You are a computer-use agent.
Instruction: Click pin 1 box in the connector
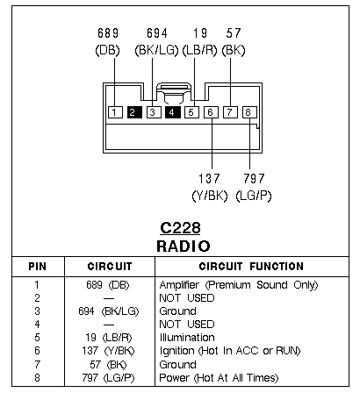115,112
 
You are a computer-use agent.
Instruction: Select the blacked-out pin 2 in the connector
134,112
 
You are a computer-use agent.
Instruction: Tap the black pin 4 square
173,112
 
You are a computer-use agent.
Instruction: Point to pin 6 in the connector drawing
211,112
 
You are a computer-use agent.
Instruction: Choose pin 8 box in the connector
249,112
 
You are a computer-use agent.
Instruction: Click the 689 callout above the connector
108,33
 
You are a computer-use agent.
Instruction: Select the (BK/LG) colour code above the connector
156,50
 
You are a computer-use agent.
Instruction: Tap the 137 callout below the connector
209,178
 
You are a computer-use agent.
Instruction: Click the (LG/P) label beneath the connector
254,196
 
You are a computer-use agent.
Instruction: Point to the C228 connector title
180,228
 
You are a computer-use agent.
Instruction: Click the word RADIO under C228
184,246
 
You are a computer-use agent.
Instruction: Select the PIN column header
38,267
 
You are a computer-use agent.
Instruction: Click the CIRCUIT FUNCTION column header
251,267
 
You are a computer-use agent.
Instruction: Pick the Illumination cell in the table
187,338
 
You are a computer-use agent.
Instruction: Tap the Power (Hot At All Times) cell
219,378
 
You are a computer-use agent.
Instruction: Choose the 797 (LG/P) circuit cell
108,378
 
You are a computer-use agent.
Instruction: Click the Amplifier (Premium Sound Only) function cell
239,285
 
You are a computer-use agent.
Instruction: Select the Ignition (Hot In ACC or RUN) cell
230,351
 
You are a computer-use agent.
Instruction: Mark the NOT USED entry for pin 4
187,325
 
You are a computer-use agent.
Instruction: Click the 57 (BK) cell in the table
108,365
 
